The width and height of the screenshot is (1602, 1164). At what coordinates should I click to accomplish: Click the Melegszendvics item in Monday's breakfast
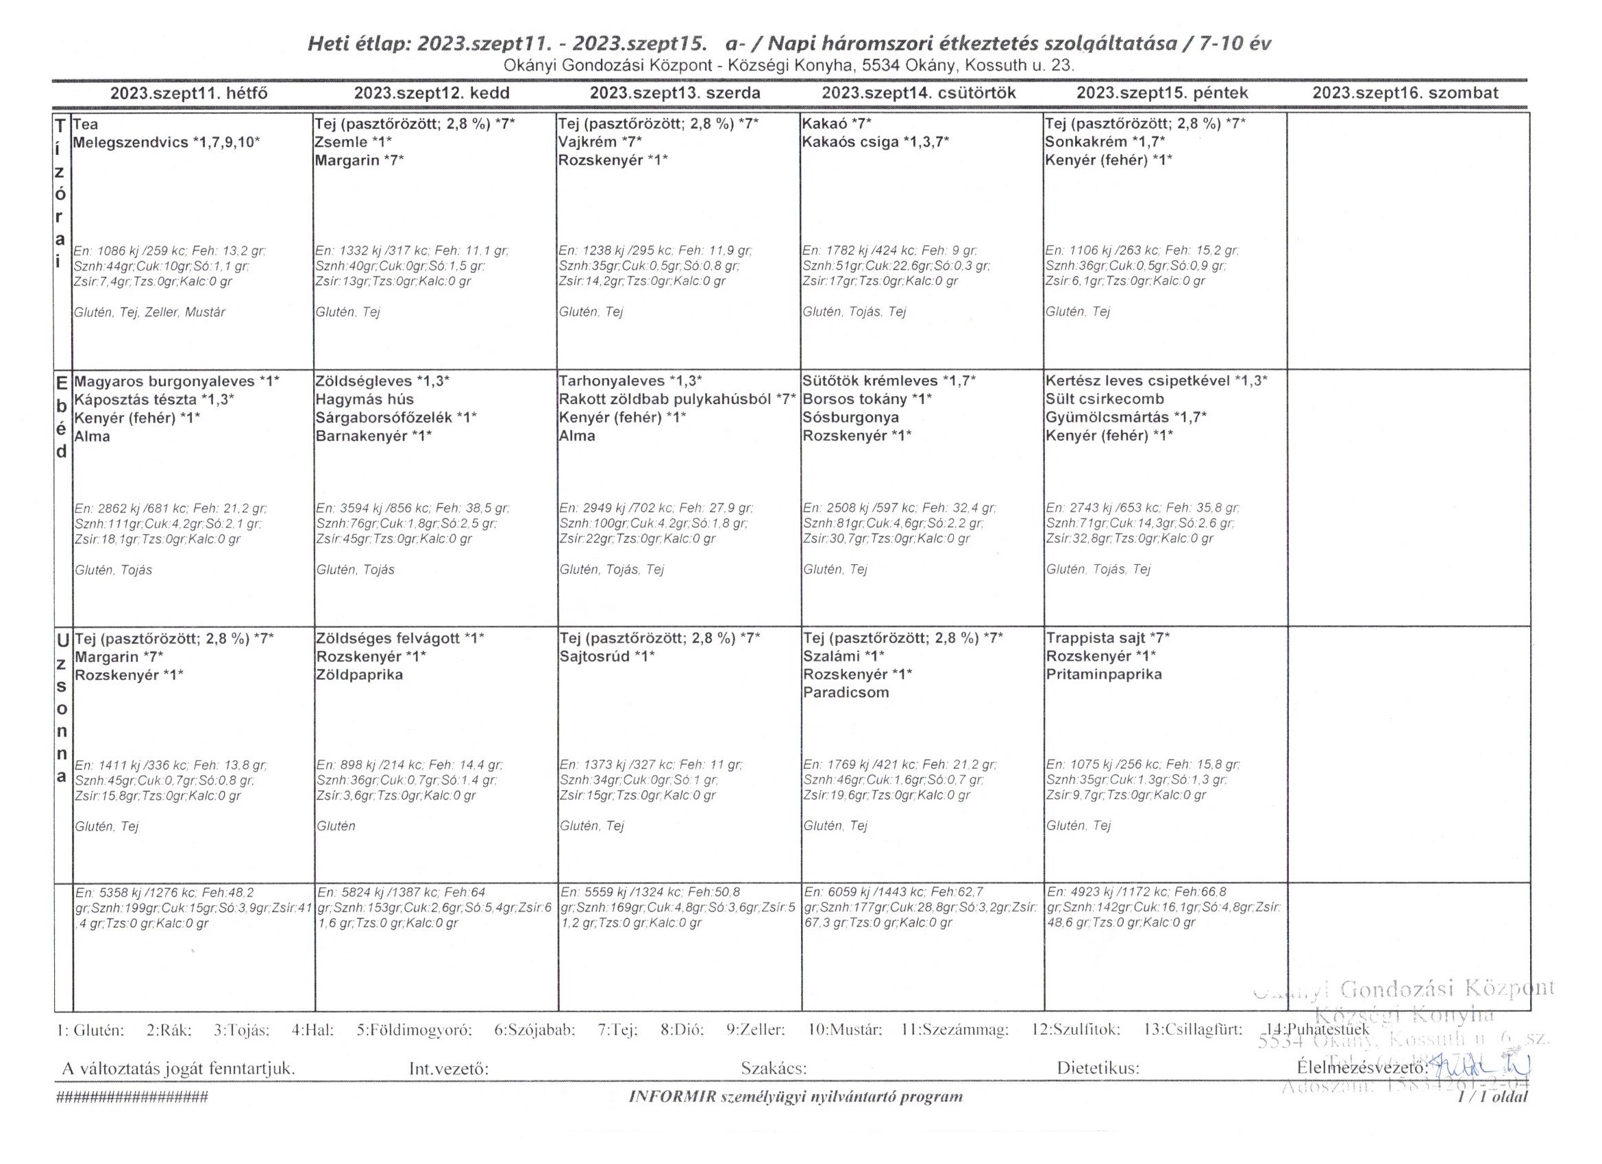click(x=132, y=142)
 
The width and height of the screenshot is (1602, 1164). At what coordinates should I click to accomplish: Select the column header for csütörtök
click(x=918, y=93)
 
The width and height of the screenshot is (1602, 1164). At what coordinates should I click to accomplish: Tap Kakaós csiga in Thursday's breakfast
click(x=846, y=142)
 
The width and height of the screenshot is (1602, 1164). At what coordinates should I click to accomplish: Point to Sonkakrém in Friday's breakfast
click(x=1085, y=142)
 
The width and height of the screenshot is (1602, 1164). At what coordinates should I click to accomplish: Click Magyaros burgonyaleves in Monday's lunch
click(x=164, y=381)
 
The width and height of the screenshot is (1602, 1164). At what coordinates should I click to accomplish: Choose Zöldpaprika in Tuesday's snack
click(x=359, y=675)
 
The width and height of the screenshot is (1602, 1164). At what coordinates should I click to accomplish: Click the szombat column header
click(x=1405, y=93)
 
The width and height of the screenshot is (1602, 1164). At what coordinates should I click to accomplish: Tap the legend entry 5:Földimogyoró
click(x=414, y=1030)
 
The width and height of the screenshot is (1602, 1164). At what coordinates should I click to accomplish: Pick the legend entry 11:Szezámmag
click(x=955, y=1030)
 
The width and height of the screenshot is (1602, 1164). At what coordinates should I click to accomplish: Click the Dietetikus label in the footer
click(x=1098, y=1069)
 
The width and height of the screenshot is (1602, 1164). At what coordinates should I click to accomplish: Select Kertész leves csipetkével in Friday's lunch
click(x=1138, y=381)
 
